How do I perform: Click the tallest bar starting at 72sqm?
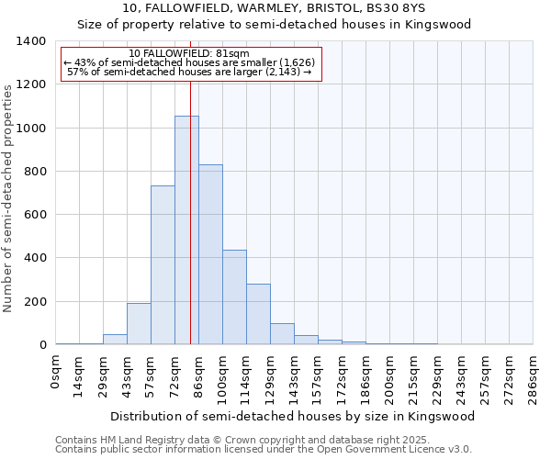coord(186,229)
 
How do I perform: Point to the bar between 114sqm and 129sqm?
coord(258,314)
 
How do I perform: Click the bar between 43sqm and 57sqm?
coord(139,323)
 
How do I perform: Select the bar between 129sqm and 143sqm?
coord(282,334)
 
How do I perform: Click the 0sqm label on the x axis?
coord(56,372)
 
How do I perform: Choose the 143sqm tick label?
coord(294,375)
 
